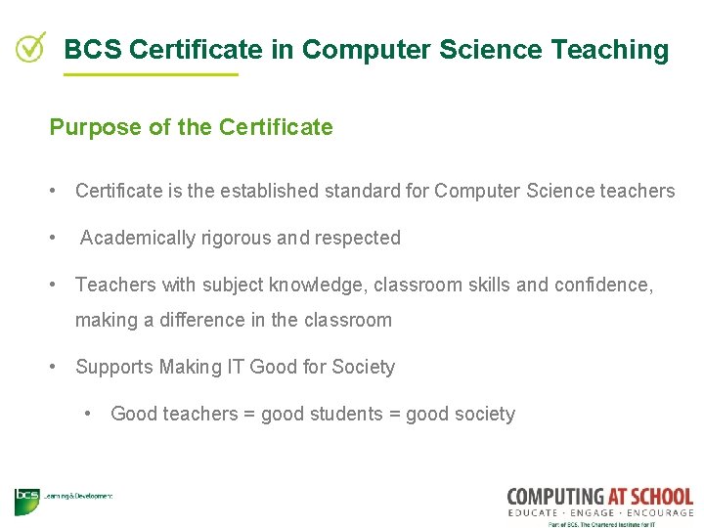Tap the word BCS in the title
pyautogui.click(x=93, y=49)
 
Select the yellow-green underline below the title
pyautogui.click(x=151, y=73)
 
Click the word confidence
pyautogui.click(x=599, y=285)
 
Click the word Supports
pyautogui.click(x=111, y=368)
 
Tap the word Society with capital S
pyautogui.click(x=364, y=368)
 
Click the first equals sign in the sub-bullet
pyautogui.click(x=249, y=414)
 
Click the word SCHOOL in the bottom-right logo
pyautogui.click(x=657, y=497)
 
